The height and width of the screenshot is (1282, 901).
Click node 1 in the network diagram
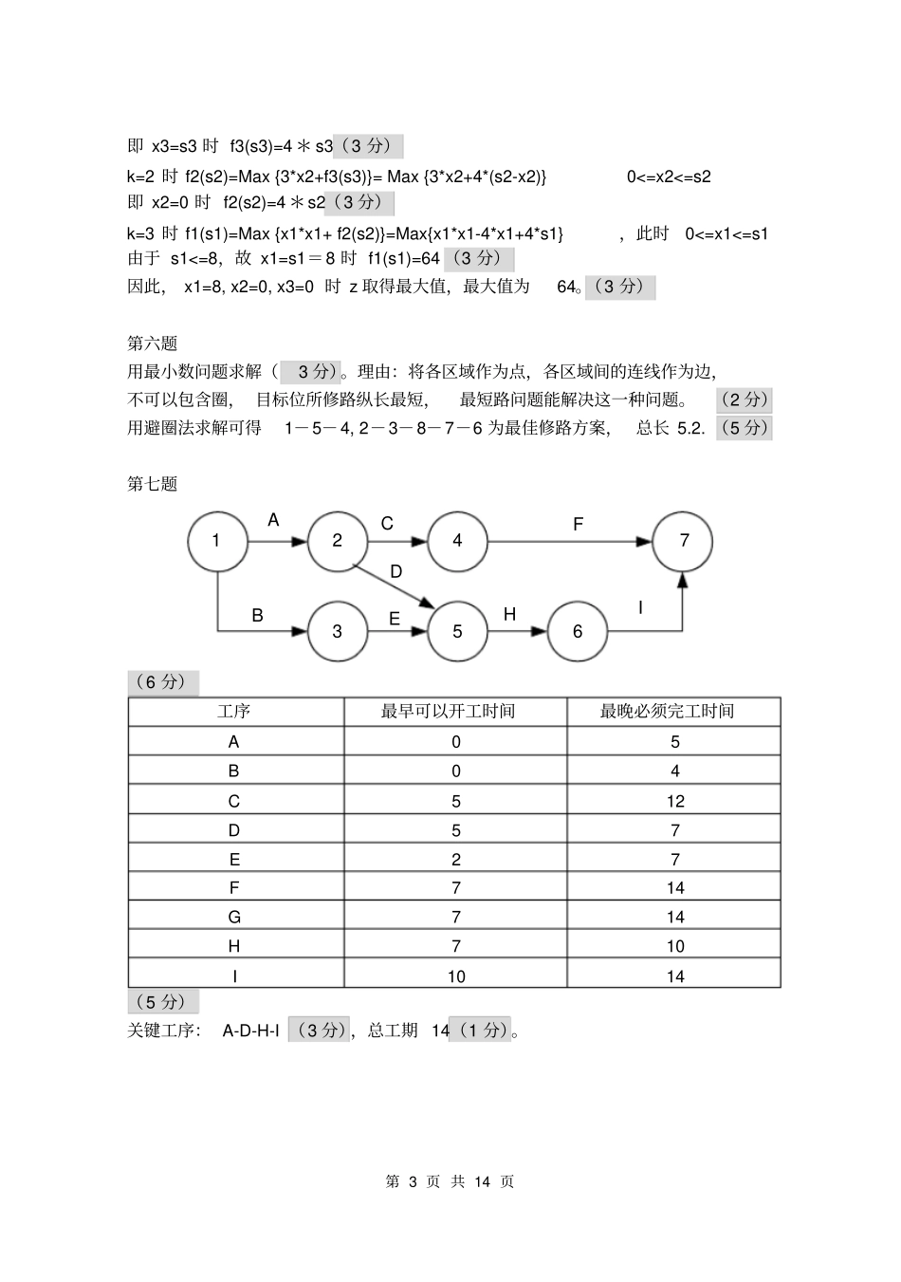(217, 541)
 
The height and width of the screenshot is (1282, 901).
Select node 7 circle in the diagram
(684, 541)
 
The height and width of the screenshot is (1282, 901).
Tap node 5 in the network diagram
(457, 631)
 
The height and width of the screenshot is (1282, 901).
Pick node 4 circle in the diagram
(457, 541)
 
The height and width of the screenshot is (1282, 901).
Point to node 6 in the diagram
(577, 631)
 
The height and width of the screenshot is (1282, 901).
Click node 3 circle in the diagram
(337, 631)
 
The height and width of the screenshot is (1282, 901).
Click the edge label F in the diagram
(578, 524)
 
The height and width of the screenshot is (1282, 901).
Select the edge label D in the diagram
(396, 571)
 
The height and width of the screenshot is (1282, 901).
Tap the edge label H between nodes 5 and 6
(509, 615)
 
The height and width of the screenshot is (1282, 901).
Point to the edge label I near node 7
(640, 608)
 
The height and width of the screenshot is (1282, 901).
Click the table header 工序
(234, 712)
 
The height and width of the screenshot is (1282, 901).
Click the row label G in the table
(234, 917)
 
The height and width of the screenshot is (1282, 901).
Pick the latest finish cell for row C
(674, 801)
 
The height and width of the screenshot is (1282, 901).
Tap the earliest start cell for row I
(456, 975)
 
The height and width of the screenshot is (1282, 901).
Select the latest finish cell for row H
(674, 946)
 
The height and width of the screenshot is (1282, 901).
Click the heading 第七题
(153, 484)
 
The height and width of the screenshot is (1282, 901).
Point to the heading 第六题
(153, 344)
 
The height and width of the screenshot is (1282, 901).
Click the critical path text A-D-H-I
(250, 1031)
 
